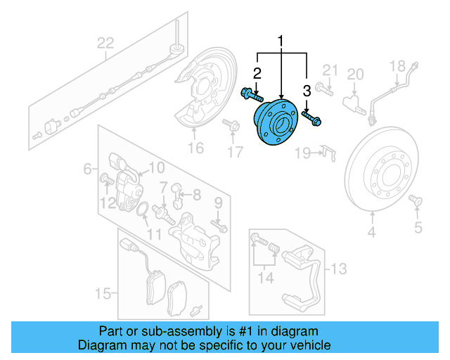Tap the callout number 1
pyautogui.click(x=282, y=41)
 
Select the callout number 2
pyautogui.click(x=257, y=73)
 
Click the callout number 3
pyautogui.click(x=307, y=89)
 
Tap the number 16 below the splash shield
pyautogui.click(x=195, y=148)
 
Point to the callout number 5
pyautogui.click(x=418, y=226)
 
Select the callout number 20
pyautogui.click(x=355, y=75)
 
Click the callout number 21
pyautogui.click(x=330, y=69)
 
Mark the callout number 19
pyautogui.click(x=303, y=153)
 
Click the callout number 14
pyautogui.click(x=264, y=278)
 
